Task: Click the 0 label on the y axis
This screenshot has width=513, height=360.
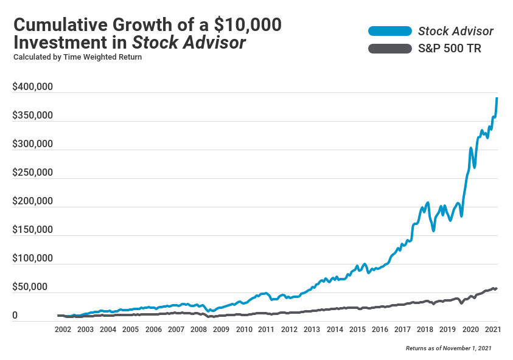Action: [15, 316]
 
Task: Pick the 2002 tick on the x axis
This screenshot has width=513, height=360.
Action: [63, 330]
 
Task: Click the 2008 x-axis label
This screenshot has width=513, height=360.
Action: [198, 330]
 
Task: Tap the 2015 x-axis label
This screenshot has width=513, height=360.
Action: [357, 330]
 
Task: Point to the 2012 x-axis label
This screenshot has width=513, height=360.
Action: [289, 330]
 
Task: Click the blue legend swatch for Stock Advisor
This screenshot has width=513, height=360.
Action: [389, 31]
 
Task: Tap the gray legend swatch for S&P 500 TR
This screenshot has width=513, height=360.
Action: [389, 49]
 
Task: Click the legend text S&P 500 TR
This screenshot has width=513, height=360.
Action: [450, 49]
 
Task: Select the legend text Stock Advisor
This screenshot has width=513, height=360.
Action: [456, 31]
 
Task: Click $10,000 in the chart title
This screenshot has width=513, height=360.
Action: [248, 26]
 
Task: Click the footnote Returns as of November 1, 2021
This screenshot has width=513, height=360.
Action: [448, 348]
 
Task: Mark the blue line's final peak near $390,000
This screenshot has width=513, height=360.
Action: [497, 98]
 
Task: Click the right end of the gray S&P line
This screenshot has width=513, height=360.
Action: [497, 288]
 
